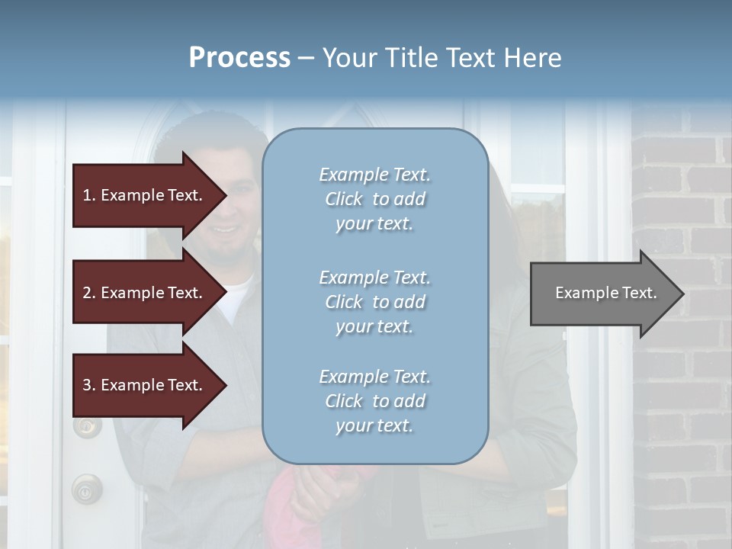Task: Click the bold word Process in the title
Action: click(239, 58)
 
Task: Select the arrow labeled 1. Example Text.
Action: click(145, 195)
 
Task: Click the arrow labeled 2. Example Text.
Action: click(145, 293)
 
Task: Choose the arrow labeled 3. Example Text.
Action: click(145, 385)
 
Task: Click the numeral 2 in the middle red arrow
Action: click(87, 293)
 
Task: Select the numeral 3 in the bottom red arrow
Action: click(87, 385)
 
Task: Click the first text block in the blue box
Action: click(374, 199)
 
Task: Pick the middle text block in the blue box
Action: click(374, 302)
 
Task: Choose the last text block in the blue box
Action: click(374, 401)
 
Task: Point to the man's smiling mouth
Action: click(226, 229)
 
